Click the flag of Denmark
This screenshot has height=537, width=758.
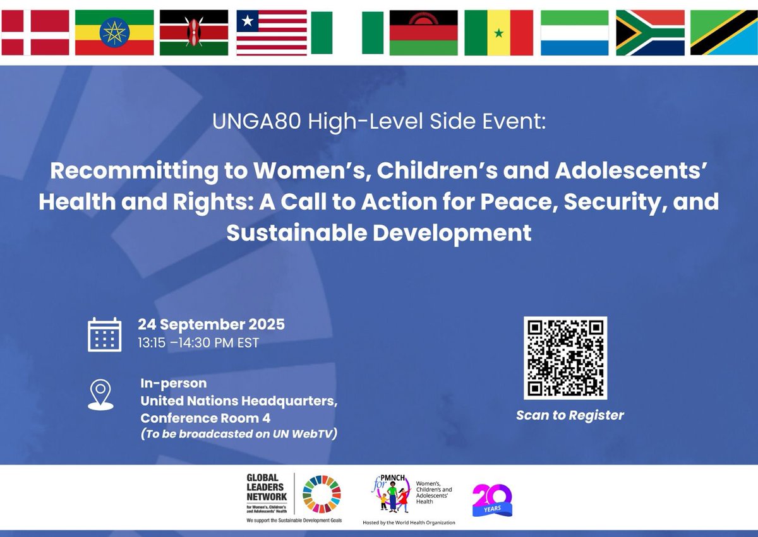coord(35,32)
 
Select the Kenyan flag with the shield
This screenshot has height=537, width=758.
coord(194,32)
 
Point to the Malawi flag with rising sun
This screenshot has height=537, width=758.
coord(423,32)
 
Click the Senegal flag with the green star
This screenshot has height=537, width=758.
coord(498,32)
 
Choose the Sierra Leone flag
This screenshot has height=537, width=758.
coord(574,32)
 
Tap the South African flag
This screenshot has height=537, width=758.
coord(650,32)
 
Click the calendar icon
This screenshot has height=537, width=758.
coord(104,334)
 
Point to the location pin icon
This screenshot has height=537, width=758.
coord(101,394)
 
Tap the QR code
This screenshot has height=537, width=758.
coord(565,358)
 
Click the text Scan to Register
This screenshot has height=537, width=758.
coord(570,415)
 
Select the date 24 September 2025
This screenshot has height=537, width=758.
coord(212,325)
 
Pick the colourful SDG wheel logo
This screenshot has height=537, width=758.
coord(321,495)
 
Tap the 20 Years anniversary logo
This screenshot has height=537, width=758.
coord(492,500)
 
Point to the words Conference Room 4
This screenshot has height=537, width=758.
coord(200,418)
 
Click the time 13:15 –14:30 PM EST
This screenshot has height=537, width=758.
coord(198,343)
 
